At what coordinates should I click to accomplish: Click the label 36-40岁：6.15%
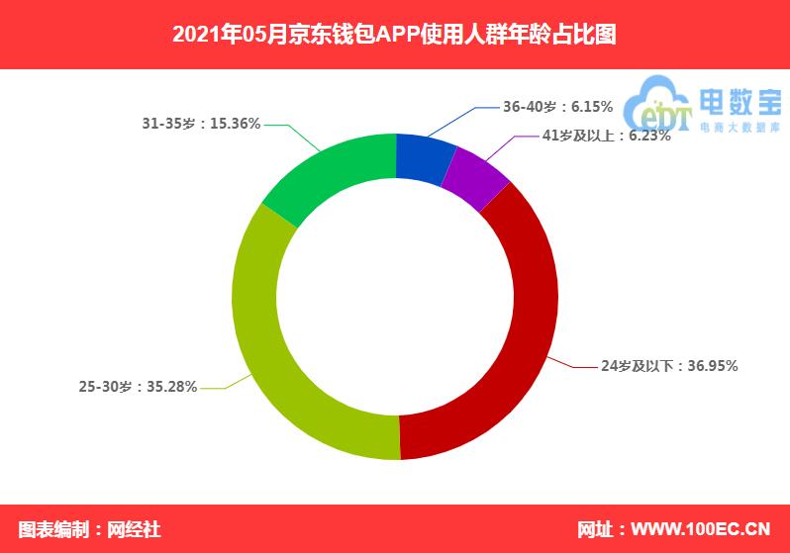[557, 107]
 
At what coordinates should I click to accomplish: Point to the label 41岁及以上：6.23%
[607, 136]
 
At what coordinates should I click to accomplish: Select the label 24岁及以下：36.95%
[669, 366]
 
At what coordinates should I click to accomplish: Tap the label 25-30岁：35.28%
[138, 386]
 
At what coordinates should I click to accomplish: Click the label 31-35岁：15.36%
[201, 124]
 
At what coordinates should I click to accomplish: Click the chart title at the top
[394, 35]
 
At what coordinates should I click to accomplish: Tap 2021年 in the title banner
[206, 35]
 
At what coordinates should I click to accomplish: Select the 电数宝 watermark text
[741, 103]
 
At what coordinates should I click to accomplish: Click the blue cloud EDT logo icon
[656, 104]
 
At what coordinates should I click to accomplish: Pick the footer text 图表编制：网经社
[90, 529]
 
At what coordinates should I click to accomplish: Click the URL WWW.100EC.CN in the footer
[701, 529]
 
